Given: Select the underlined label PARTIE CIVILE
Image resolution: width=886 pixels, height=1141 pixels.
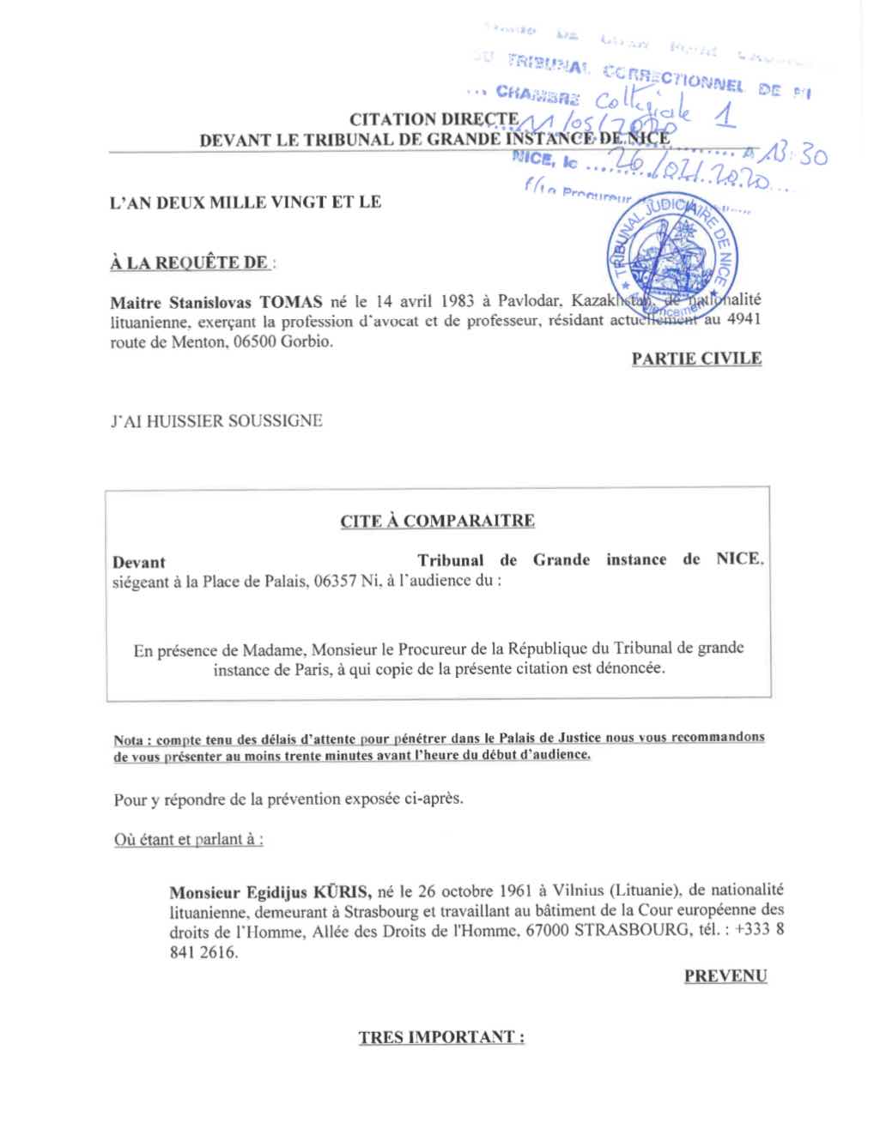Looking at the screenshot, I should click(x=696, y=358).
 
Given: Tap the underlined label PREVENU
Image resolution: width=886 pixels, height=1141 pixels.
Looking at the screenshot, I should click(x=725, y=975).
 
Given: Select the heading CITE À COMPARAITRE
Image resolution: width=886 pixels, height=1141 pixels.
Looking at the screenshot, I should click(x=437, y=521).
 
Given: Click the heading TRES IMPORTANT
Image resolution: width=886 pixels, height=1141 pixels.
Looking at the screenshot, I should click(x=441, y=1037).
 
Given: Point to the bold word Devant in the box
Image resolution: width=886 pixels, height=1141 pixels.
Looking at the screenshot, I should click(x=139, y=563).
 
